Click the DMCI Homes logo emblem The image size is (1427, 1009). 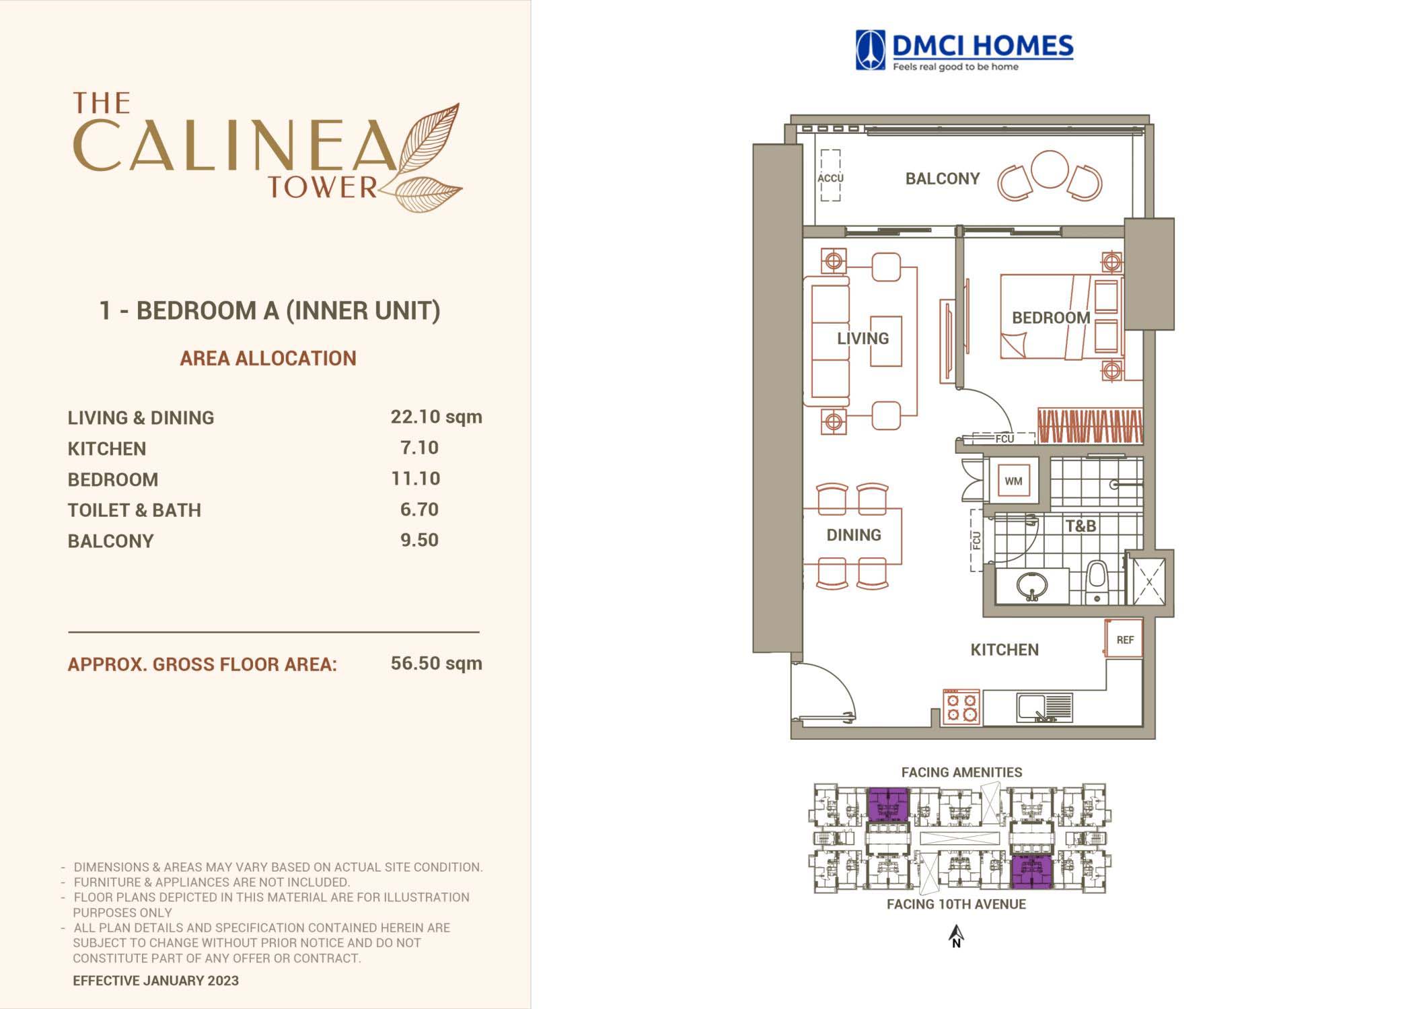(x=871, y=50)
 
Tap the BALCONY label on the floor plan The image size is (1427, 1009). (x=942, y=178)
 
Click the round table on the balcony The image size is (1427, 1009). (x=1050, y=169)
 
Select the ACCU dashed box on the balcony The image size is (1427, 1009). (x=830, y=176)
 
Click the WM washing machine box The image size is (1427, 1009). (x=1013, y=481)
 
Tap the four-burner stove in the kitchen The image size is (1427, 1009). (x=961, y=707)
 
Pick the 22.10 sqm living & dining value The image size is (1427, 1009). (x=436, y=417)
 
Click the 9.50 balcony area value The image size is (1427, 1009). (x=419, y=540)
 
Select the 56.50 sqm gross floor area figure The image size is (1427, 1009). (x=436, y=663)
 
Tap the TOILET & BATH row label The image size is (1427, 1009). (x=135, y=510)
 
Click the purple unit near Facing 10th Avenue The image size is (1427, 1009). (x=1032, y=873)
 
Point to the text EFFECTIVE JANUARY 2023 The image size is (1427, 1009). (x=155, y=981)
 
